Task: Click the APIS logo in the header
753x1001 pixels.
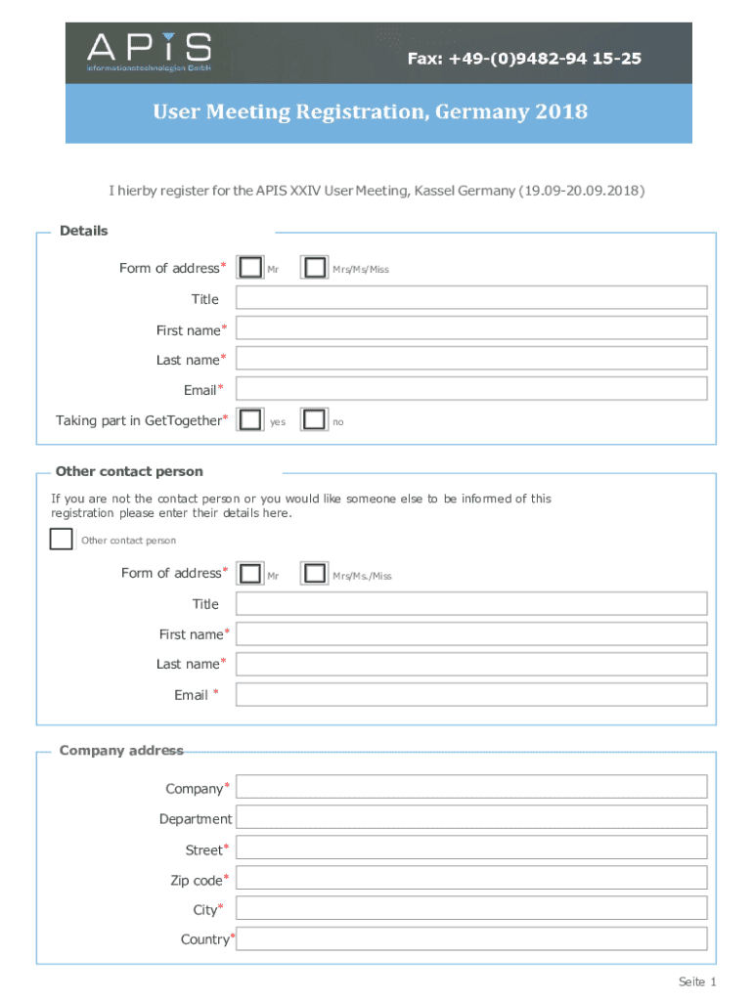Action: (x=149, y=52)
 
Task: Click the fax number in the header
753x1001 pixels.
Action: (x=524, y=59)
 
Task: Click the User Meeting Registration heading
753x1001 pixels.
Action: (x=370, y=112)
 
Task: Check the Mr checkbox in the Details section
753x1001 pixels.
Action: (x=251, y=268)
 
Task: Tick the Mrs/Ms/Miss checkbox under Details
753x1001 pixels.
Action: (x=314, y=268)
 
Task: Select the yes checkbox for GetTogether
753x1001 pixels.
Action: (x=251, y=420)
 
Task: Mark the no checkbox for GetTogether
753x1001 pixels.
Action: (x=314, y=420)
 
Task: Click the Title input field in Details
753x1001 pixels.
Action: (x=471, y=298)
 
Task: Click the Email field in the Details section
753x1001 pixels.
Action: (x=471, y=389)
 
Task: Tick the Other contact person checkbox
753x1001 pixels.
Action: (x=61, y=539)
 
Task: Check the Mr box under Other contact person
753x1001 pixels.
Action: (x=251, y=574)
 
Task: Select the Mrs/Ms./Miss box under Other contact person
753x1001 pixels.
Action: (x=314, y=574)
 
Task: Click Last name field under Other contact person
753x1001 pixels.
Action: (x=471, y=664)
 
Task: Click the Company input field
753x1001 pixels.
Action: (x=471, y=787)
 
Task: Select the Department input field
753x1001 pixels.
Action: (x=471, y=817)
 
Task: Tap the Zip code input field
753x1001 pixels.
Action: (x=471, y=879)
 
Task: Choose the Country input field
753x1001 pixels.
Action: (x=471, y=938)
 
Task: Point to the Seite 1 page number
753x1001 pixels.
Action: (x=698, y=981)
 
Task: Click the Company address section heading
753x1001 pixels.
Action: (x=121, y=751)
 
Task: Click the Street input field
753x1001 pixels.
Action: (x=471, y=848)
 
